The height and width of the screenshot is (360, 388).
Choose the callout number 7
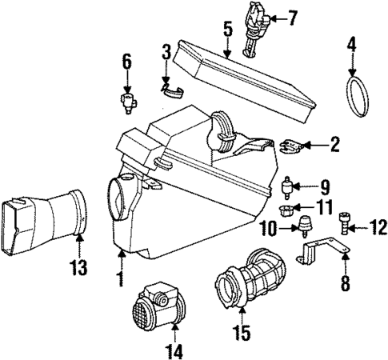pyautogui.click(x=293, y=16)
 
